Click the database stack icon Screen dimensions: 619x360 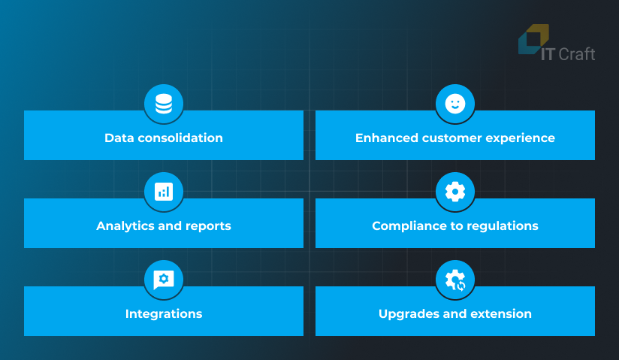pos(164,104)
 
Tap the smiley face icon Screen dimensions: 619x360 pos(455,104)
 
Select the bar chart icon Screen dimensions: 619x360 pos(164,192)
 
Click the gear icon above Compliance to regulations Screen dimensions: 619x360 pos(455,192)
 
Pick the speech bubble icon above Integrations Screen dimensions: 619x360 pos(164,280)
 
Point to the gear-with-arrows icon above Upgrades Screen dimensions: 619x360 pos(455,280)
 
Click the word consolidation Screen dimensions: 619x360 pos(180,138)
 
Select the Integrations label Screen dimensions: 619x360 pos(164,314)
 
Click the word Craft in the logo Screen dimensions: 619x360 pos(577,54)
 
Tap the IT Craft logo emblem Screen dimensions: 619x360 pos(533,39)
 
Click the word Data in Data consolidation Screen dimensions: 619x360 pos(119,138)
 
